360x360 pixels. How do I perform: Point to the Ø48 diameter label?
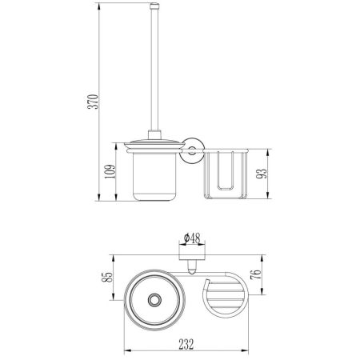pos(192,238)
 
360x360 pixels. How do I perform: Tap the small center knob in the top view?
pos(154,301)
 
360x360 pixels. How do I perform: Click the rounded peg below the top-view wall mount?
pos(192,266)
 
